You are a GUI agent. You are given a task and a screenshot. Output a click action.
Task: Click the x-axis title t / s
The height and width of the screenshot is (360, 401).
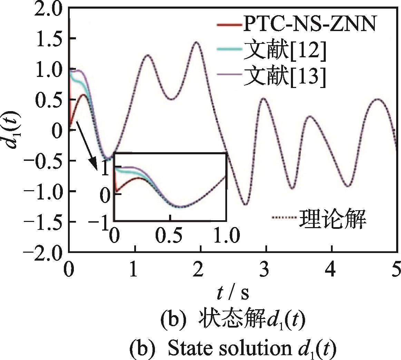(233, 293)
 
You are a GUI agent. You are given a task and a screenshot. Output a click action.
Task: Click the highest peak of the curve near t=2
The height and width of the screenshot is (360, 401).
(197, 42)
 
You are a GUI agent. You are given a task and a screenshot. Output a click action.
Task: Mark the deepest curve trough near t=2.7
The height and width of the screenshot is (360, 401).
(245, 204)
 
